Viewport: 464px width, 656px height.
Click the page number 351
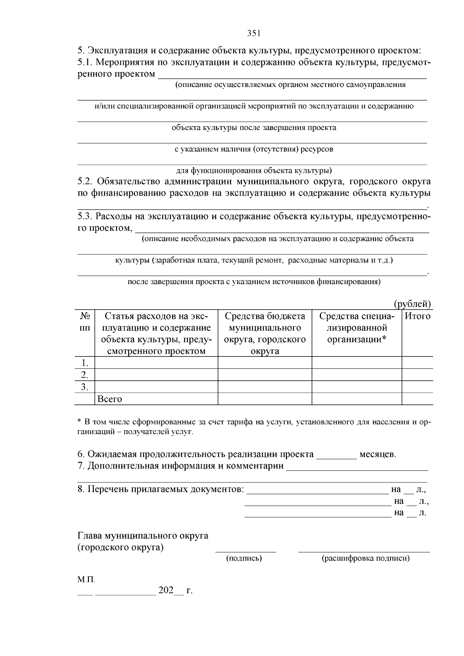coord(254,33)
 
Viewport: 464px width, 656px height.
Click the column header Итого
coord(417,316)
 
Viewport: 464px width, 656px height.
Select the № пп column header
coord(85,322)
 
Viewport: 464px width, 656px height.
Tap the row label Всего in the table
coord(110,399)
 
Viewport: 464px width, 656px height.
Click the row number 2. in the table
coord(85,375)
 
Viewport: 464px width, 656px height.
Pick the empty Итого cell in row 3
coord(417,387)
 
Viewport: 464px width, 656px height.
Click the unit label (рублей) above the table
coord(412,304)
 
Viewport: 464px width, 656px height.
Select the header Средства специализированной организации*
coord(357,328)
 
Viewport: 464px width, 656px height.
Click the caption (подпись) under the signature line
coord(244,558)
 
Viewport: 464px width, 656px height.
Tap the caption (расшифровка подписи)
coord(365,558)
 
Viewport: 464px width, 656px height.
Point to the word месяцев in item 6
coord(378,454)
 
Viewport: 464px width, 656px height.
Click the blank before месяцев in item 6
coord(336,455)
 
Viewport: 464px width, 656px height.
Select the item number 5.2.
coord(85,182)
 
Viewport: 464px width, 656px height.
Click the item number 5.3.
coord(85,216)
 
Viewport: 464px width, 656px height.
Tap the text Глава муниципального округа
coord(143,536)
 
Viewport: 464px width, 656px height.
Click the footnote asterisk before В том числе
coord(79,421)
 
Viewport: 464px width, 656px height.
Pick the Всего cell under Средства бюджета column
coord(265,399)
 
